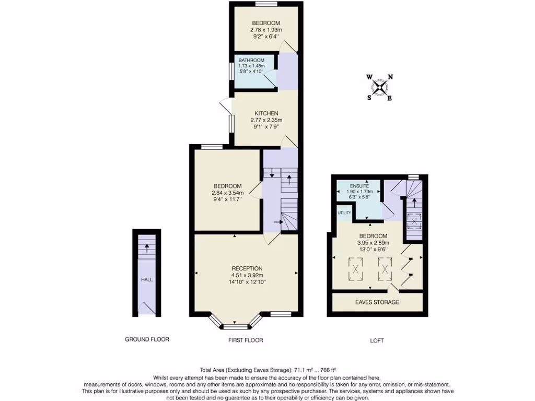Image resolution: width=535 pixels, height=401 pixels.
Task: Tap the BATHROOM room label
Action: pyautogui.click(x=251, y=60)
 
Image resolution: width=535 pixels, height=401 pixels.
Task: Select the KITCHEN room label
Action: pyautogui.click(x=266, y=113)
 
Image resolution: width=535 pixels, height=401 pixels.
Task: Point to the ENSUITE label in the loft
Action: pyautogui.click(x=359, y=185)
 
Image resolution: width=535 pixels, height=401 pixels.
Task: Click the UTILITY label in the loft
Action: pyautogui.click(x=344, y=213)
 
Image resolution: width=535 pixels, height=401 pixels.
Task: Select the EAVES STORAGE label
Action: pyautogui.click(x=377, y=302)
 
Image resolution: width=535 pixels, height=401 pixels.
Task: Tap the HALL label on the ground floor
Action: pyautogui.click(x=146, y=280)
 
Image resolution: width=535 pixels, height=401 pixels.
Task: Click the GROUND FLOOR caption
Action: pyautogui.click(x=147, y=339)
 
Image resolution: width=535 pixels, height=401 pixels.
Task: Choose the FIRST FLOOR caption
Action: pyautogui.click(x=245, y=340)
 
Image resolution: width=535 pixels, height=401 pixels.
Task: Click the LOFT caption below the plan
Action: pyautogui.click(x=377, y=340)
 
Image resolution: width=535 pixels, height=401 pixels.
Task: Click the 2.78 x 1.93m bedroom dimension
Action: pyautogui.click(x=266, y=30)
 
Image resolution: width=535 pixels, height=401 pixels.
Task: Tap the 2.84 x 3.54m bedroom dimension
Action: pyautogui.click(x=227, y=193)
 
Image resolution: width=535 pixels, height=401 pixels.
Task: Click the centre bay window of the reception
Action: pyautogui.click(x=235, y=327)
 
